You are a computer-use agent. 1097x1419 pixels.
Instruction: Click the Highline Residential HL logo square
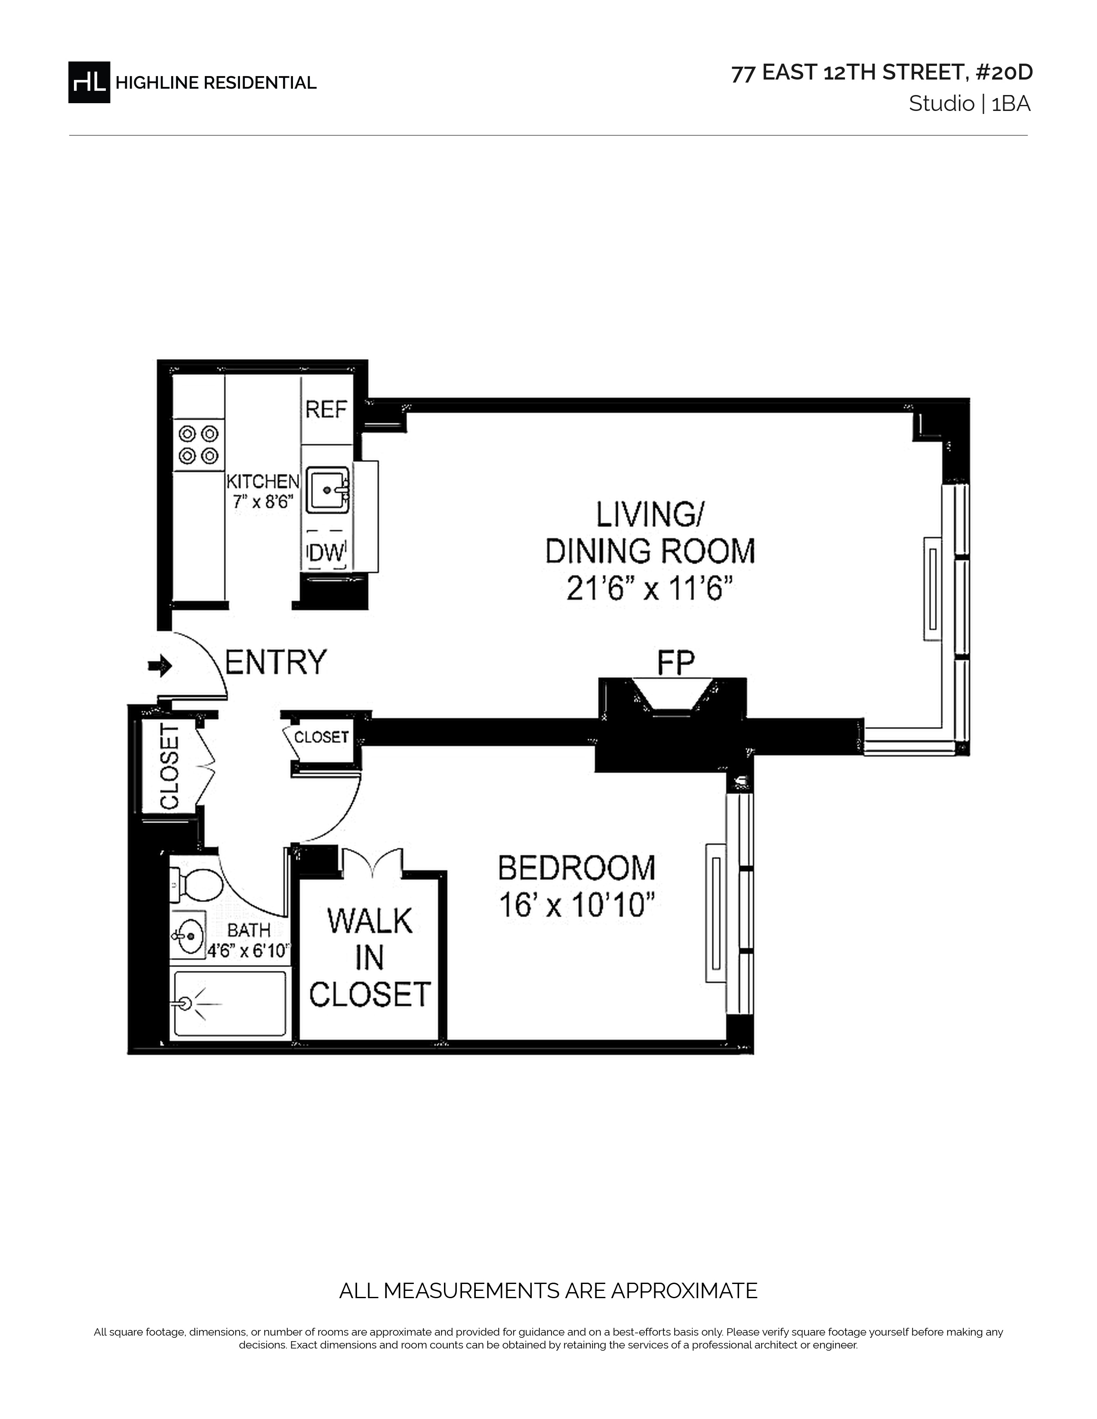point(89,82)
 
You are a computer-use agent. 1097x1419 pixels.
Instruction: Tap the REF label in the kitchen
point(326,409)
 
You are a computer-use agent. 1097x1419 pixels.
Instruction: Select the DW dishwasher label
point(326,553)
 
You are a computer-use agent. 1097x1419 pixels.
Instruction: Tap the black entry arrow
point(160,665)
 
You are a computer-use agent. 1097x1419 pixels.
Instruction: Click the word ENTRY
point(276,662)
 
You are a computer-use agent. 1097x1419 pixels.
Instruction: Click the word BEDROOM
point(576,868)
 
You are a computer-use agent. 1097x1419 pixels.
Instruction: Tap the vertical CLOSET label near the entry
point(169,767)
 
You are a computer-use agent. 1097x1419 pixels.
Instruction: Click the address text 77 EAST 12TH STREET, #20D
point(882,73)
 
